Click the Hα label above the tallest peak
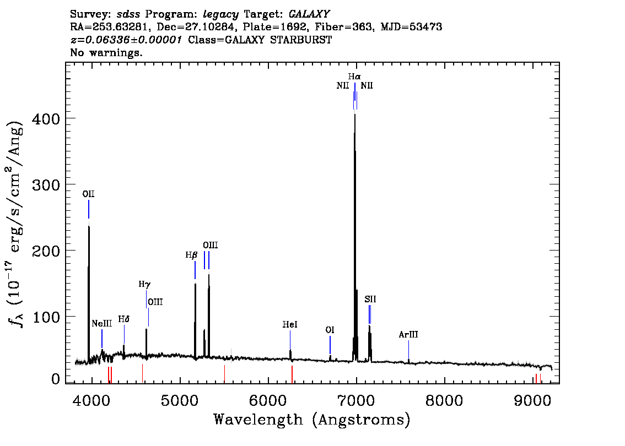(x=354, y=77)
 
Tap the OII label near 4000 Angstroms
(x=89, y=194)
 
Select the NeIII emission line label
(x=101, y=323)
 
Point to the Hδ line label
(x=124, y=319)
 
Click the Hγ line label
(x=145, y=284)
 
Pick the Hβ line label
(x=191, y=255)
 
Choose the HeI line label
(x=290, y=324)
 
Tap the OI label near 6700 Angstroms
(x=330, y=330)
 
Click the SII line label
(x=370, y=299)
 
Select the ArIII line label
(x=408, y=335)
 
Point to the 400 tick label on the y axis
(x=45, y=119)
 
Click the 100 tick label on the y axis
(x=45, y=317)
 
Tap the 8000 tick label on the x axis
(x=444, y=400)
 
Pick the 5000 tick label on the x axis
(x=180, y=400)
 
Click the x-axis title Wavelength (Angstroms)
(x=312, y=420)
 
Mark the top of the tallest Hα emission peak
(x=355, y=114)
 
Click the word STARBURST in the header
(x=301, y=40)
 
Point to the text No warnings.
(x=106, y=52)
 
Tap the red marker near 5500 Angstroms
(x=224, y=373)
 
